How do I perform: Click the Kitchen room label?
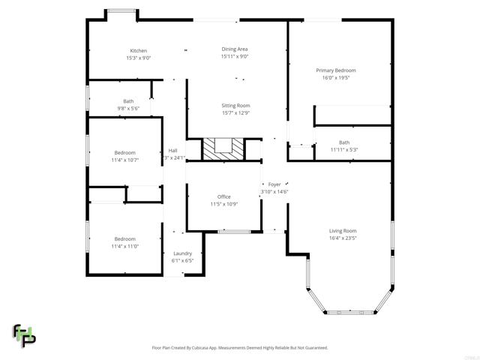click(138, 51)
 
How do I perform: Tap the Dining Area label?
click(234, 49)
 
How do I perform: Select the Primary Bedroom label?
click(335, 70)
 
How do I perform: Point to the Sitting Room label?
click(235, 106)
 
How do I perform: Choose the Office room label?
click(223, 196)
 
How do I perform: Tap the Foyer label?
click(274, 184)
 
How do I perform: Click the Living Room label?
click(343, 231)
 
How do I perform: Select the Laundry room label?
click(183, 253)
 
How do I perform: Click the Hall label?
click(172, 150)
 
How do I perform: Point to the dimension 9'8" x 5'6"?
click(128, 109)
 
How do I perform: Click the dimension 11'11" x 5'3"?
click(344, 149)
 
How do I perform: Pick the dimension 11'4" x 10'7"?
click(124, 160)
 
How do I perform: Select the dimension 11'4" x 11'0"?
click(124, 246)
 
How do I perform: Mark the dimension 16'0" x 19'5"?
click(335, 77)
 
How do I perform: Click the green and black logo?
click(24, 336)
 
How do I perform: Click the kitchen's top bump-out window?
click(121, 10)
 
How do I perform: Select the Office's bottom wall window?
click(234, 232)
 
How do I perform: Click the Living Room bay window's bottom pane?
click(350, 312)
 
